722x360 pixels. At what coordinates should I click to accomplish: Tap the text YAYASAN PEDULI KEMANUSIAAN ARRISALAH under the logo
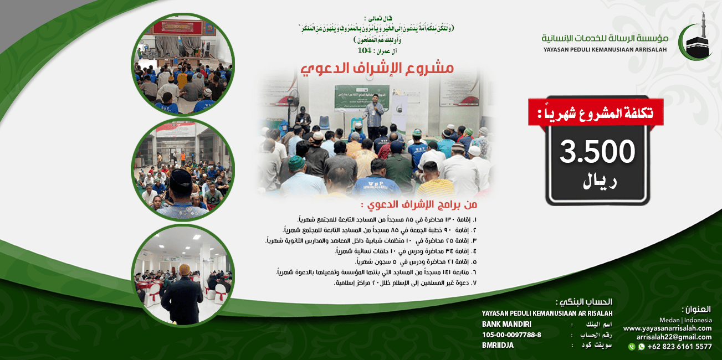click(x=605, y=50)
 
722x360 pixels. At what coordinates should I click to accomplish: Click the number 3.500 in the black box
click(x=597, y=151)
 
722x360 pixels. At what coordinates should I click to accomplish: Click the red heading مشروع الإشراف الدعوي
click(x=377, y=69)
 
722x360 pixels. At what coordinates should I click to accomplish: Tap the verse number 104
click(x=364, y=51)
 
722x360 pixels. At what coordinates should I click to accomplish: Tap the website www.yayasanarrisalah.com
click(x=667, y=328)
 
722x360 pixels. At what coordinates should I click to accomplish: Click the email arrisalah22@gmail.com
click(x=674, y=337)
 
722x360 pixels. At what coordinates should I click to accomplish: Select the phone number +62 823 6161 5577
click(x=679, y=347)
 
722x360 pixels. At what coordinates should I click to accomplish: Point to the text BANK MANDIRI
click(x=506, y=324)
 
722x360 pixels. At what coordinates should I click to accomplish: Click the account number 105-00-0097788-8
click(x=511, y=335)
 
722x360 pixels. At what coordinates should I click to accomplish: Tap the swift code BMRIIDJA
click(x=498, y=345)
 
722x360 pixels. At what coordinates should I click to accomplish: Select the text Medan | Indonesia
click(x=685, y=320)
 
